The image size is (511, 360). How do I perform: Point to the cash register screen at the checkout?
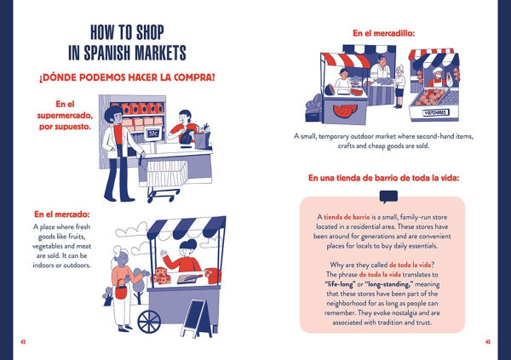click(x=152, y=134)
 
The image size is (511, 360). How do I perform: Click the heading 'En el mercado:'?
click(x=62, y=214)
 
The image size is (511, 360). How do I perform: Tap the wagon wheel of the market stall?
click(x=149, y=322)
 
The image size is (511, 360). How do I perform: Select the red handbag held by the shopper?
click(x=120, y=293)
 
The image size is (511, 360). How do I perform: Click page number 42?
click(x=23, y=341)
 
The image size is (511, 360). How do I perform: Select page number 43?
click(x=488, y=341)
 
